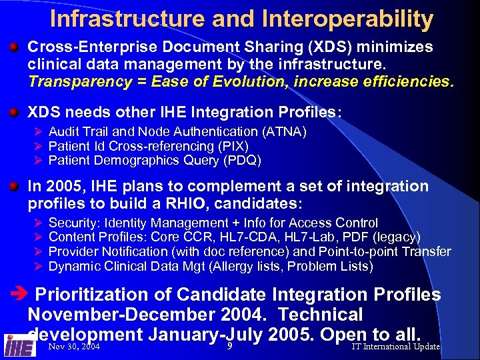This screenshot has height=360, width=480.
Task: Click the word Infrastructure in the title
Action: [128, 19]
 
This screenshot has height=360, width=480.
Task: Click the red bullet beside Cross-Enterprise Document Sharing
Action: [13, 47]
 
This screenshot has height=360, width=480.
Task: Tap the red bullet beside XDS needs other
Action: [13, 113]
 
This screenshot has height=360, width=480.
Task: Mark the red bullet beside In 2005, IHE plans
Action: [13, 186]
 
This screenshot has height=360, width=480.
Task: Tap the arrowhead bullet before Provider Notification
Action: [37, 251]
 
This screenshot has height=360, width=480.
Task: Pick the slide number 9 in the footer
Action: [229, 346]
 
